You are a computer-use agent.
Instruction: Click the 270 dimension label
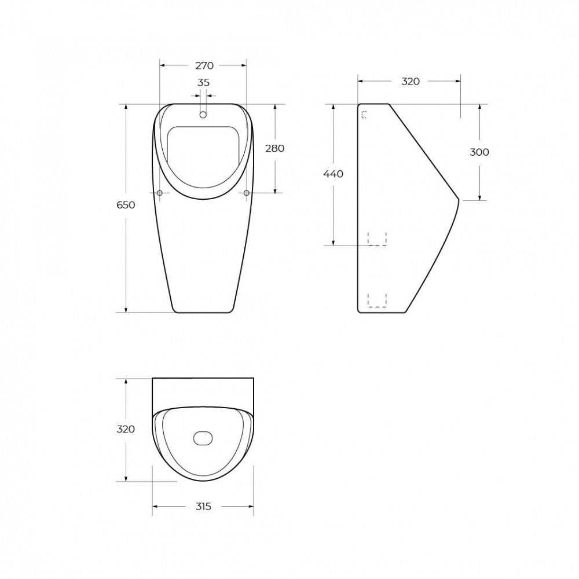click(204, 65)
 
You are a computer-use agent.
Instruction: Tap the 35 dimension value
click(203, 82)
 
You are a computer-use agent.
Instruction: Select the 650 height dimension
click(126, 204)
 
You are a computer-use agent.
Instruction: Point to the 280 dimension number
click(274, 148)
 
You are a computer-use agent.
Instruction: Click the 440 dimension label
click(333, 174)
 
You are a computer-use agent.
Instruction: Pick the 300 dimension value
click(479, 152)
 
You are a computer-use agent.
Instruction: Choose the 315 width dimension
click(203, 506)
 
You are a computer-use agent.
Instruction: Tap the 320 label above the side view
click(411, 81)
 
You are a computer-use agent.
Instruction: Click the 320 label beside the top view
click(126, 429)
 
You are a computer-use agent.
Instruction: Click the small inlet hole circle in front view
click(203, 115)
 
